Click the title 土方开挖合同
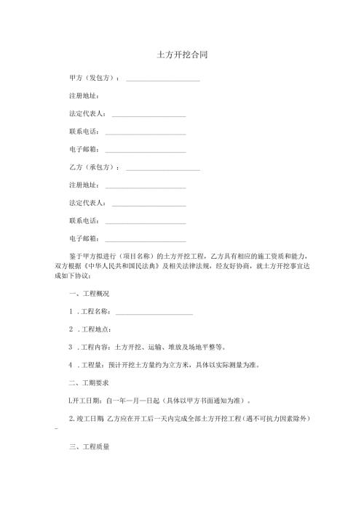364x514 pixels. [x=182, y=55]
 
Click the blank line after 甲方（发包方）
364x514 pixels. [x=163, y=79]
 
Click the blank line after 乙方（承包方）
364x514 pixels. [x=163, y=169]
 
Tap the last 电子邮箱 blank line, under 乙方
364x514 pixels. [x=146, y=240]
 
